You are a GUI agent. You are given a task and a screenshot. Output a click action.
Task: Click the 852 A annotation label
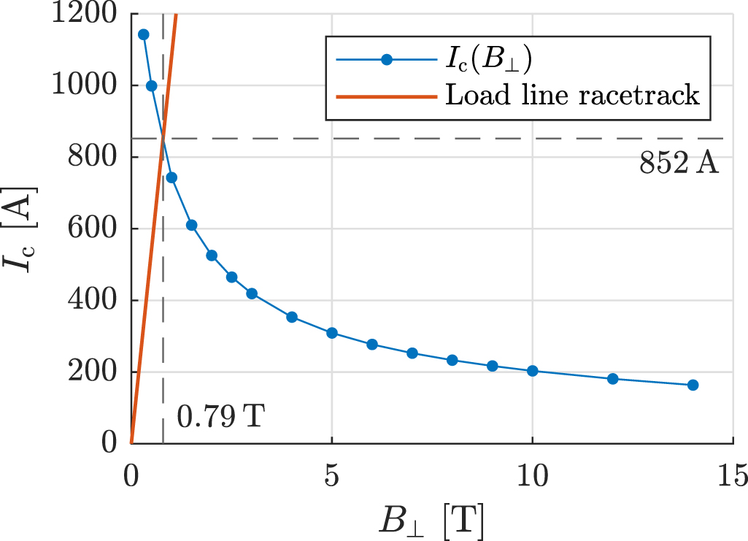679,164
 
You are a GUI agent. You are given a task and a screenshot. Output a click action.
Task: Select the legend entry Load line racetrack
572,95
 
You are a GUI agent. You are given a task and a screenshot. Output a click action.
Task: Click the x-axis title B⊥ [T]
431,520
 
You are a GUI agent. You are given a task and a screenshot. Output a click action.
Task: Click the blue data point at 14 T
693,385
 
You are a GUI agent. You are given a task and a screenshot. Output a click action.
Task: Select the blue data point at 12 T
612,379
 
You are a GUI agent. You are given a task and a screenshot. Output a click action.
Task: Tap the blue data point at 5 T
332,333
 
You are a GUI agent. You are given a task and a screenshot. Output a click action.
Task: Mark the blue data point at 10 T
532,371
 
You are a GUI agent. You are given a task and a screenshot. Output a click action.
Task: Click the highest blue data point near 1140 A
144,34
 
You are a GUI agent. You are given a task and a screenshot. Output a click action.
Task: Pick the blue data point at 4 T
292,317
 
